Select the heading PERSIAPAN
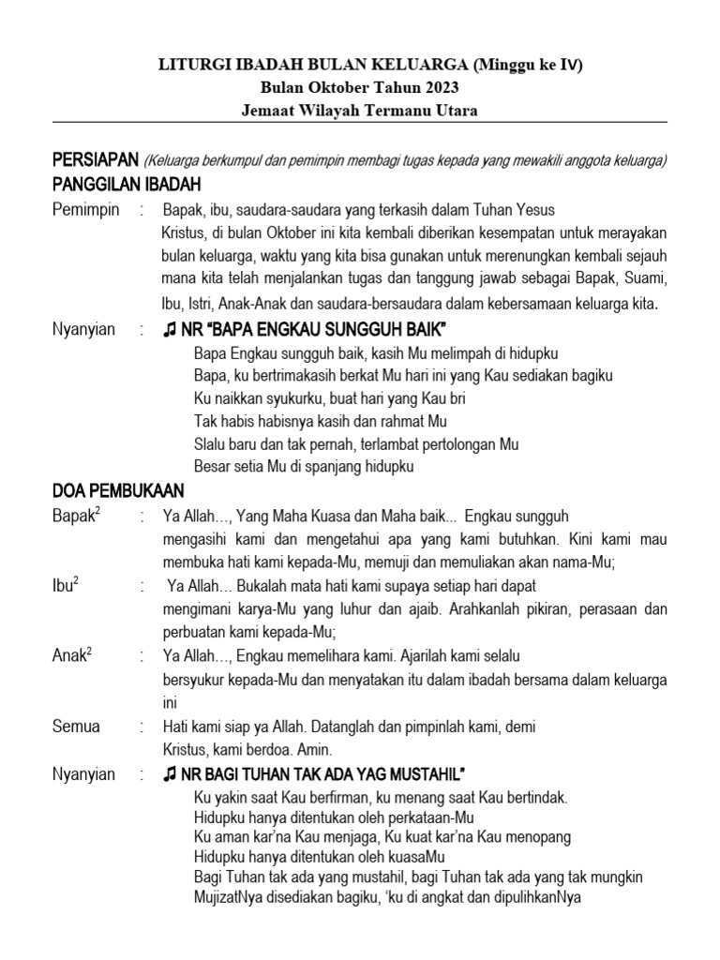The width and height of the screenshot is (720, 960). click(94, 159)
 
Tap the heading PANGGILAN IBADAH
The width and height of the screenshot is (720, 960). click(127, 184)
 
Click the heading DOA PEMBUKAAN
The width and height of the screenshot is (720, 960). click(118, 490)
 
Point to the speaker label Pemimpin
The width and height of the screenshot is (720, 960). click(86, 209)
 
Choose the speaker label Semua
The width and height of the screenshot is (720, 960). click(77, 726)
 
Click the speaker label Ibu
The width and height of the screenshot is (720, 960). click(65, 586)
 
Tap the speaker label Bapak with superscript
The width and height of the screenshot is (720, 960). click(74, 516)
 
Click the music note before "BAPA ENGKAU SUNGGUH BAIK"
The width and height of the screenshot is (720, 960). click(170, 331)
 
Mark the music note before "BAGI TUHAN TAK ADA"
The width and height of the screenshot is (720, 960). click(170, 774)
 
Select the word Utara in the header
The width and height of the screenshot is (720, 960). click(454, 111)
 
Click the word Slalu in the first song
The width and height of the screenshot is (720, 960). click(211, 443)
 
